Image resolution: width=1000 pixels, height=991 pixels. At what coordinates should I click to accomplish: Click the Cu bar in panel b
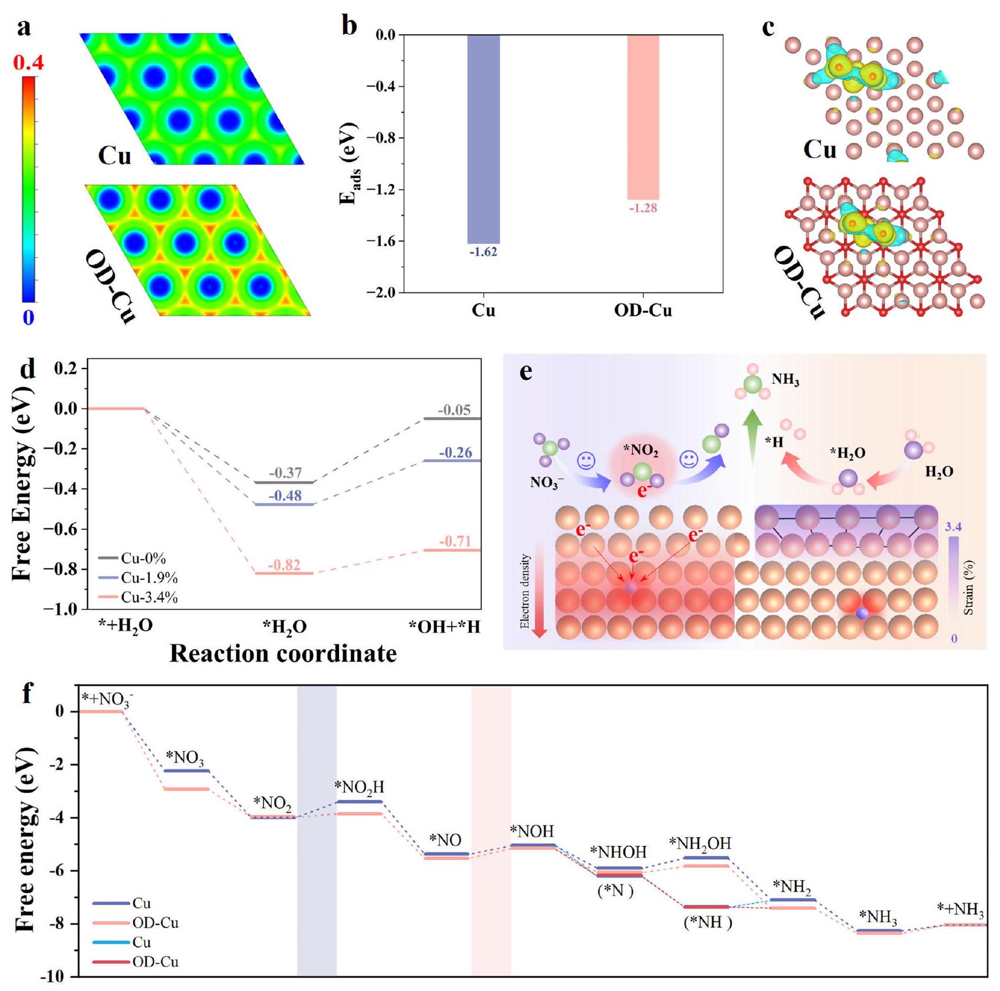point(483,139)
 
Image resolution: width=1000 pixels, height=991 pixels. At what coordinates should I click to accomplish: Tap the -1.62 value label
point(483,252)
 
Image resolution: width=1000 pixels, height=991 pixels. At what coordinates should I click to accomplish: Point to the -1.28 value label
point(643,208)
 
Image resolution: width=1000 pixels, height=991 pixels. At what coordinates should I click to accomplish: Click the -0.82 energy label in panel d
point(285,565)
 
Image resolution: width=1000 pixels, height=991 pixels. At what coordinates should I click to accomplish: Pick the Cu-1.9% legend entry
point(139,578)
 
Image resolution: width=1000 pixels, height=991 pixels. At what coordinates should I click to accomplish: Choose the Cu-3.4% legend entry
point(139,597)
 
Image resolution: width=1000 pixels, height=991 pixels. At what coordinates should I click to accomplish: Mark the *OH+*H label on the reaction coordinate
point(445,627)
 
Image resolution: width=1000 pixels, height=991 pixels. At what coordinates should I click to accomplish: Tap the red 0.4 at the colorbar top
point(28,62)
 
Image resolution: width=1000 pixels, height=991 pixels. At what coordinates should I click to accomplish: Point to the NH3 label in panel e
point(785,380)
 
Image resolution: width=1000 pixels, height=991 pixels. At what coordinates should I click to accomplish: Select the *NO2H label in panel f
point(359,788)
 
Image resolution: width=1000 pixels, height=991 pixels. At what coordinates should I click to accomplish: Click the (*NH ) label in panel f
point(708,923)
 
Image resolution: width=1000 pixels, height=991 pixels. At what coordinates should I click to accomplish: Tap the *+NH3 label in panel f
point(960,910)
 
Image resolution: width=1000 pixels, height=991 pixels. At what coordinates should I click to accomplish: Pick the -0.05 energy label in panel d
point(455,410)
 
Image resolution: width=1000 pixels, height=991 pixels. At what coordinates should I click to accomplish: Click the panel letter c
point(768,28)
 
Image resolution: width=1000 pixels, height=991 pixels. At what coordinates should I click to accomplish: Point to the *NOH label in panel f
point(532,832)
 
